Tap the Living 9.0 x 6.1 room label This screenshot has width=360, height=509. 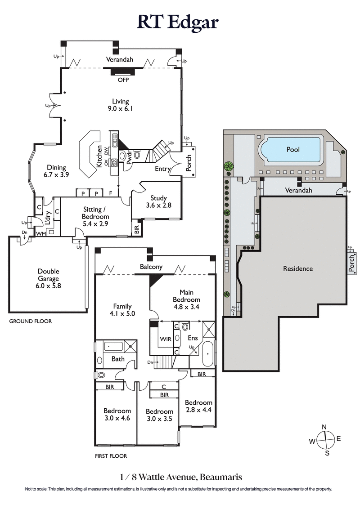[121, 105]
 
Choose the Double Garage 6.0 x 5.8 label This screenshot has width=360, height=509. [49, 275]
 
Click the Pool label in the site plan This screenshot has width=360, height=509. [293, 149]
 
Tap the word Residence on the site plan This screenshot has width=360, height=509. [297, 269]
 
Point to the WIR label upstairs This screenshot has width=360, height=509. [164, 337]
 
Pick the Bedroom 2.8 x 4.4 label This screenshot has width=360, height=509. [198, 406]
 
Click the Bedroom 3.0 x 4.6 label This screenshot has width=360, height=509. [117, 414]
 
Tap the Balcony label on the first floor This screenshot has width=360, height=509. [151, 267]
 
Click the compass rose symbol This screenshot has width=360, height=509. [324, 439]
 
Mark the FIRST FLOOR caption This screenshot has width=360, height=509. [111, 456]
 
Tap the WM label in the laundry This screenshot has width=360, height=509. [40, 233]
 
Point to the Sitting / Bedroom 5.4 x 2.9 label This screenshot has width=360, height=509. [95, 216]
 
